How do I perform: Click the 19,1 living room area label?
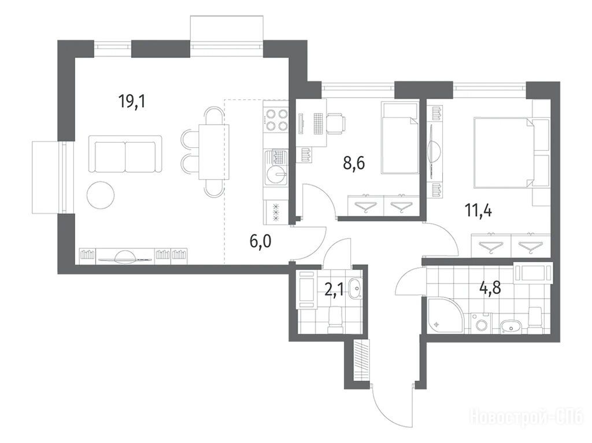(132, 101)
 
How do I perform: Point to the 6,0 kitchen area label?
(261, 241)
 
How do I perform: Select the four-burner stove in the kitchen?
(276, 120)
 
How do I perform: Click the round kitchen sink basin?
(276, 174)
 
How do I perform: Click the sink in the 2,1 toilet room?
(356, 288)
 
